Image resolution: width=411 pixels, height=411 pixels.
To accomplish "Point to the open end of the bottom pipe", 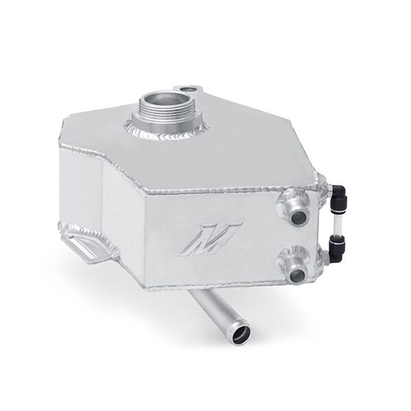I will [239, 335].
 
